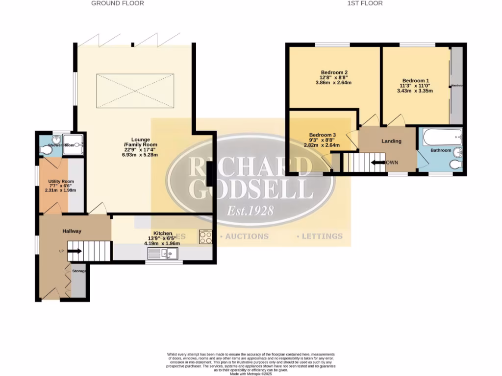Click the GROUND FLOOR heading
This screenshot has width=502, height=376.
[118, 3]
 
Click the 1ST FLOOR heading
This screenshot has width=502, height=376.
[365, 3]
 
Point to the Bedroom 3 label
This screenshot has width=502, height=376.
[322, 135]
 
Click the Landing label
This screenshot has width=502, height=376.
[391, 141]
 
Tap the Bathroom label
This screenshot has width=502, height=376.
[441, 150]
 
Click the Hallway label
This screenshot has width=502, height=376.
[72, 231]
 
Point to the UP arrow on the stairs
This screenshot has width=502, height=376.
[74, 251]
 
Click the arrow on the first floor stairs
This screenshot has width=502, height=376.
[378, 163]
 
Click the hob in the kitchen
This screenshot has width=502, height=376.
[205, 237]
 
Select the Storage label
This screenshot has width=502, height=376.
[79, 271]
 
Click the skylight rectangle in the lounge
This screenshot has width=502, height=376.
[135, 91]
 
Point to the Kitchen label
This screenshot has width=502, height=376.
[163, 233]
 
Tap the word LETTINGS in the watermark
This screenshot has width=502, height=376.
[322, 236]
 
